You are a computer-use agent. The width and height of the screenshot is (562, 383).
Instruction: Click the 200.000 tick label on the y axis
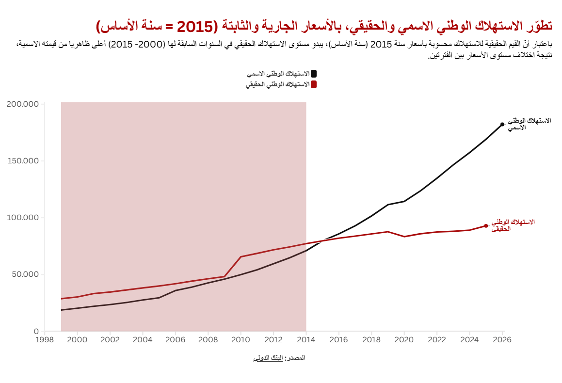point(23,104)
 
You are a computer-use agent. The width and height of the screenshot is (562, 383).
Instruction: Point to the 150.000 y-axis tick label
point(23,161)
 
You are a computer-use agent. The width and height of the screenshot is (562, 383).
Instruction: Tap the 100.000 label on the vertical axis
point(23,218)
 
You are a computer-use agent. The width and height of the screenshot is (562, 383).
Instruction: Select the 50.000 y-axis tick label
point(25,274)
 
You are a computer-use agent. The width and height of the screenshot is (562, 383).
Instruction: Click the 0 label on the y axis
point(36,332)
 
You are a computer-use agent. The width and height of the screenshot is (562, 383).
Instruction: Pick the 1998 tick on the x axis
point(45,340)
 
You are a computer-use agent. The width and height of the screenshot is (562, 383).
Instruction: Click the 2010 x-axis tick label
point(241,340)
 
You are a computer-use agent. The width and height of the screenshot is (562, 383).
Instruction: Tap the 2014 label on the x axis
point(306,340)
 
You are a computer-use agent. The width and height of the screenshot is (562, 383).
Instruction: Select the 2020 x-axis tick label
point(404,340)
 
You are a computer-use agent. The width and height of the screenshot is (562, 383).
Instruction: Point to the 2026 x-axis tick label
point(502,340)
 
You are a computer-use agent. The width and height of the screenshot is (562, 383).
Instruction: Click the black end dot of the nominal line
point(502,124)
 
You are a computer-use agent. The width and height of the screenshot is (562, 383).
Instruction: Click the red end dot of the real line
point(486,226)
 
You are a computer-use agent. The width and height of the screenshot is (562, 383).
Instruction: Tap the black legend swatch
point(314,74)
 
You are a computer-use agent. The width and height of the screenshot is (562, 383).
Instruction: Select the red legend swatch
point(314,84)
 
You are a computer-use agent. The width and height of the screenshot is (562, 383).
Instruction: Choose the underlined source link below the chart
point(268,358)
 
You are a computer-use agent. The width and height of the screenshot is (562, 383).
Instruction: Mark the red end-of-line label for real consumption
point(513,225)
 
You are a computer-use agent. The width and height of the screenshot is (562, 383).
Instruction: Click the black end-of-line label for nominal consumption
point(530,124)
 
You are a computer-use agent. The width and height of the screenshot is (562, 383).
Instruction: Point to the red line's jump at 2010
point(241,257)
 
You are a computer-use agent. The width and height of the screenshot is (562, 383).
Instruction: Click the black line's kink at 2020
point(404,201)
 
